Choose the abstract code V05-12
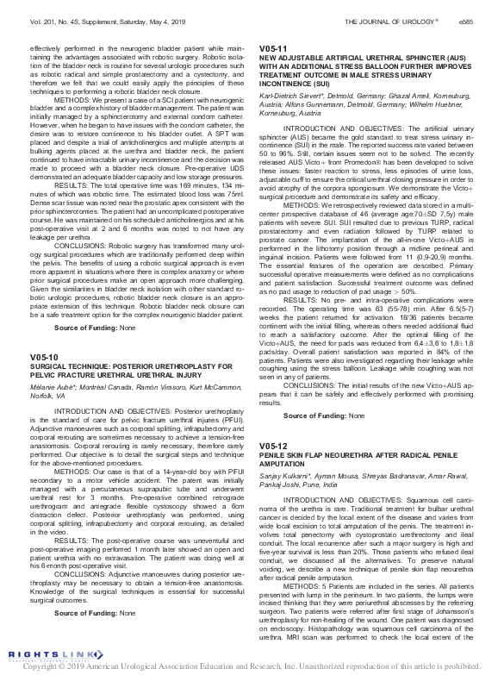click(273, 446)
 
